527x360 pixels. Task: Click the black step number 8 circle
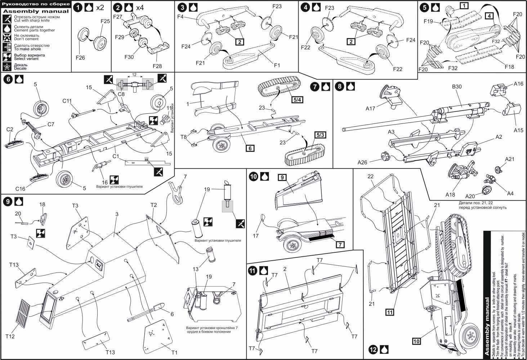pyautogui.click(x=339, y=86)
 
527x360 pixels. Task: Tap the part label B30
pyautogui.click(x=457, y=87)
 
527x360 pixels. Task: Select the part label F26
pyautogui.click(x=80, y=58)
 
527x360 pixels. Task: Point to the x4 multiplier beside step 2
pyautogui.click(x=140, y=7)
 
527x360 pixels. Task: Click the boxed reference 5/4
pyautogui.click(x=297, y=100)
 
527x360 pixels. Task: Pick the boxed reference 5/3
pyautogui.click(x=320, y=135)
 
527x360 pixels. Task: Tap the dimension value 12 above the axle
pyautogui.click(x=134, y=75)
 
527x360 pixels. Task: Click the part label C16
pyautogui.click(x=20, y=189)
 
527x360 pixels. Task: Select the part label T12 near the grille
pyautogui.click(x=10, y=336)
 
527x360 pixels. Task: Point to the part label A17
pyautogui.click(x=370, y=108)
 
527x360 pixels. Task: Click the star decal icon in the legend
pyautogui.click(x=7, y=67)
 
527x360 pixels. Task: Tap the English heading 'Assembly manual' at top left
pyautogui.click(x=36, y=11)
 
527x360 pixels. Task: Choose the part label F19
pyautogui.click(x=428, y=22)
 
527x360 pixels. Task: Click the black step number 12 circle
pyautogui.click(x=373, y=350)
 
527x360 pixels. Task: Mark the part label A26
pyautogui.click(x=362, y=162)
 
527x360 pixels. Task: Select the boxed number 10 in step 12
pyautogui.click(x=416, y=341)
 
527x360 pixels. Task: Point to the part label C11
pyautogui.click(x=67, y=101)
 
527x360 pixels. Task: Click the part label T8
pyautogui.click(x=183, y=137)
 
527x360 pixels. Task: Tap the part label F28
pyautogui.click(x=157, y=66)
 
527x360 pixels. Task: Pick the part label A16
pyautogui.click(x=518, y=84)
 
